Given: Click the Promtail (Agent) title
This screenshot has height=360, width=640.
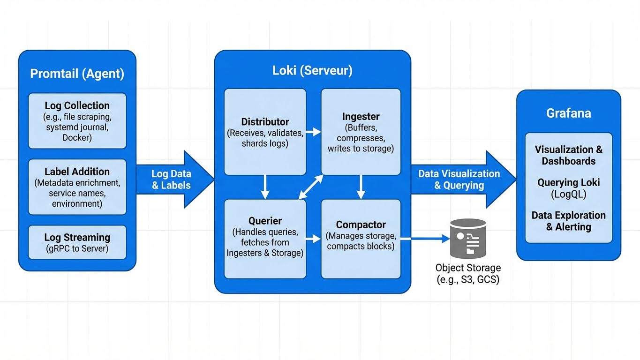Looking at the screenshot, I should click(x=77, y=74).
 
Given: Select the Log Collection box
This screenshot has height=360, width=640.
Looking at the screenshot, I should click(x=77, y=121).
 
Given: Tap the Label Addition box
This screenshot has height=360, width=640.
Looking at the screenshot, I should click(x=77, y=187).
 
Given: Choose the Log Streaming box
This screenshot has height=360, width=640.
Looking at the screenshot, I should click(x=77, y=242).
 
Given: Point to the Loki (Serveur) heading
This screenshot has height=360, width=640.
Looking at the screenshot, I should click(x=312, y=71).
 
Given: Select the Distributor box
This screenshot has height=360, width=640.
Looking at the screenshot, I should click(x=265, y=132).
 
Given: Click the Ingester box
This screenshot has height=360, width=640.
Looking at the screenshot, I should click(x=361, y=132).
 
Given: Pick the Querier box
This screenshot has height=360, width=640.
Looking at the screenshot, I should click(x=265, y=238).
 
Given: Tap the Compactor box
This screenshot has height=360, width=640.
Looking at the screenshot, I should click(x=361, y=238).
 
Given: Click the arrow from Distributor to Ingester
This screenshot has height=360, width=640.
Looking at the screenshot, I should click(x=313, y=133).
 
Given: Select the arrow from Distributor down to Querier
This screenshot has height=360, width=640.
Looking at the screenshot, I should click(x=265, y=187).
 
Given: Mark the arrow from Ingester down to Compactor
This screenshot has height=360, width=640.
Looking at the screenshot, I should click(x=361, y=187).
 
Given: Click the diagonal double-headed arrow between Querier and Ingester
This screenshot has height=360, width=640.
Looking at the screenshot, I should click(x=311, y=187).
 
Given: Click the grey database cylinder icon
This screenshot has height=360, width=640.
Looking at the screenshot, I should click(x=467, y=238).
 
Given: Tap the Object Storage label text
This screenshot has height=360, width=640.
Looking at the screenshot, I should click(x=468, y=274).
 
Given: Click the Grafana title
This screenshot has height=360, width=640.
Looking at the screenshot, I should click(x=568, y=113).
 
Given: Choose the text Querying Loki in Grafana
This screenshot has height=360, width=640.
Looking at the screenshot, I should click(x=568, y=183).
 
